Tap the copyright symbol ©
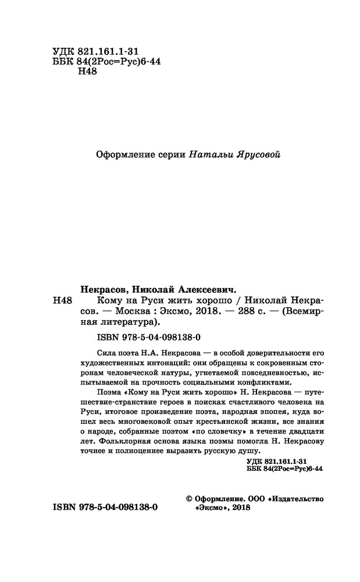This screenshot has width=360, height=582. coord(188,499)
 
